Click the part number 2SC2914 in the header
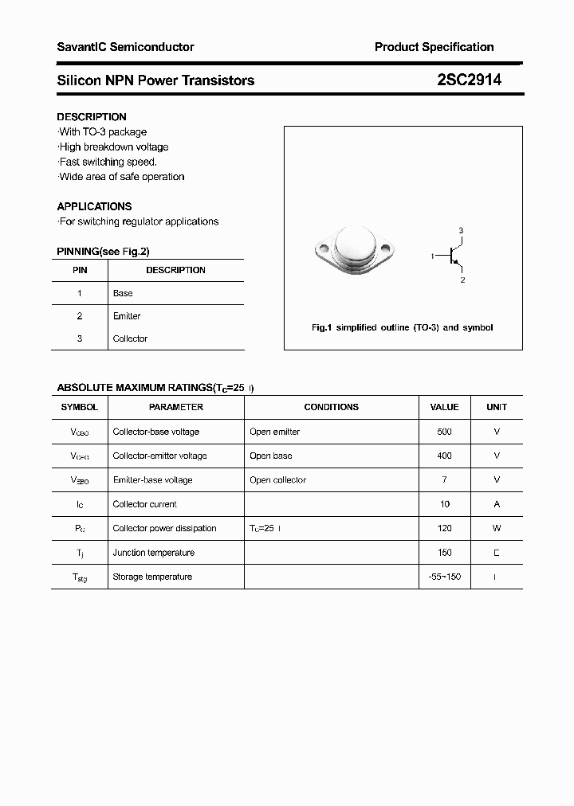pos(469,80)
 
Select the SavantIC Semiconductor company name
pos(125,47)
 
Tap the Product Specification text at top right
pos(434,47)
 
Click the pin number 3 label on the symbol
pos(461,230)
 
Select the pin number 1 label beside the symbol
pos(432,256)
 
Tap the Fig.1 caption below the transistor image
pos(402,327)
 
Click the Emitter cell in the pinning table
pos(127,316)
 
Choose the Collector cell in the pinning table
pos(130,338)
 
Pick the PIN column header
pos(80,270)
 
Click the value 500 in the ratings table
pos(444,432)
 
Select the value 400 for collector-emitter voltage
pos(444,456)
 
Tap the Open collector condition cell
pos(277,480)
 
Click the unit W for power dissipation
pos(497,528)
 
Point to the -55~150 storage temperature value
pos(444,577)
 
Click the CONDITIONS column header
pos(331,407)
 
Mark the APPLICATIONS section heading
pos(94,206)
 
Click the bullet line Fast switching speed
pos(108,162)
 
